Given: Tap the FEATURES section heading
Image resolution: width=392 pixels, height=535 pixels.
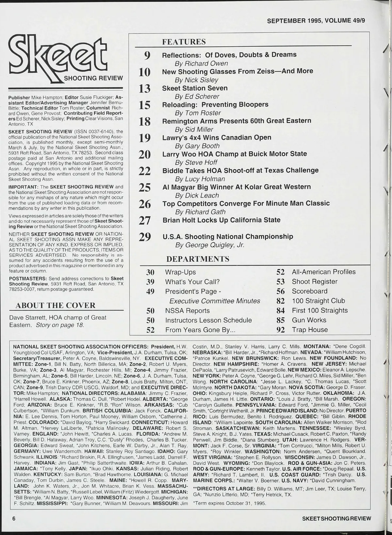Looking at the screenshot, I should tap(184, 42).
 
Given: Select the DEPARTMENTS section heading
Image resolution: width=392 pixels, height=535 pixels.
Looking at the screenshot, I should tap(198, 259).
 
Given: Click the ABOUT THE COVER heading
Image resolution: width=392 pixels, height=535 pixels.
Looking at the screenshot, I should tap(56, 305).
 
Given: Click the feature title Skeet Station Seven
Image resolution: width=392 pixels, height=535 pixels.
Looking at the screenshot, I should tap(195, 88).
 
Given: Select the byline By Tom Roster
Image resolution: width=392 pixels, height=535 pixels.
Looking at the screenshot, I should tap(198, 113).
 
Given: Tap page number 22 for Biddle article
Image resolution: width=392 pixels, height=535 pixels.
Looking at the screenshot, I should tap(145, 171).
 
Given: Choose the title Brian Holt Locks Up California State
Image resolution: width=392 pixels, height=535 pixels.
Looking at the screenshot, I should tap(221, 220).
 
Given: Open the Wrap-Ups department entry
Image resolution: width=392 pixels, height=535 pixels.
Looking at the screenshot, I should tap(180, 272).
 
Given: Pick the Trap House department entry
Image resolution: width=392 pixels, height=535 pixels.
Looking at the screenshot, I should tap(310, 329).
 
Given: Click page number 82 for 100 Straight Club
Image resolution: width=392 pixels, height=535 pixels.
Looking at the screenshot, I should tap(281, 301).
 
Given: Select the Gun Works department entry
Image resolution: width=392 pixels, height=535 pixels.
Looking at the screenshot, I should tap(309, 320).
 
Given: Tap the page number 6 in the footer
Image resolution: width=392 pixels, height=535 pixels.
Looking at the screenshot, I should tap(14, 518).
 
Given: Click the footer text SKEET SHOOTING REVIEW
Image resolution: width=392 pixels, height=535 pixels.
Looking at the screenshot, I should tap(336, 518).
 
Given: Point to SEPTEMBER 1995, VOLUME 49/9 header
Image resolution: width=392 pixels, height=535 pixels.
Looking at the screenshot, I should tap(316, 21).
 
